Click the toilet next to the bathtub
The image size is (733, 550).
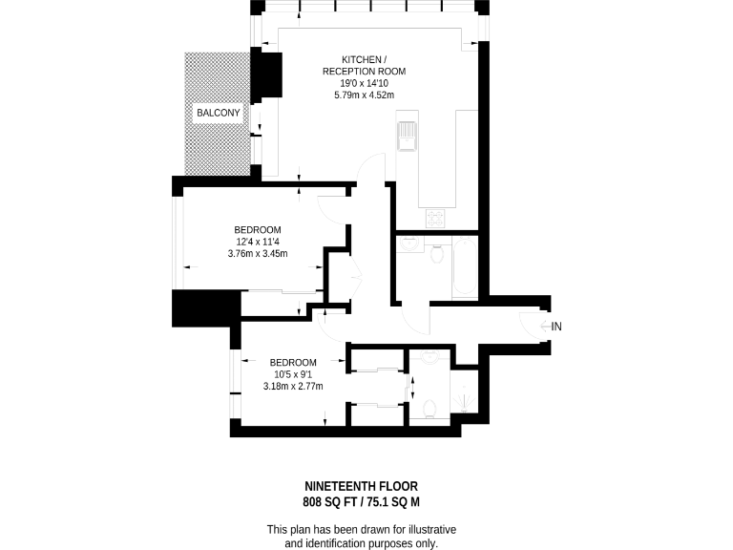tap(437, 255)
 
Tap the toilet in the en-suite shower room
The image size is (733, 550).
tap(429, 409)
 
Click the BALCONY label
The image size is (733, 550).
tap(218, 114)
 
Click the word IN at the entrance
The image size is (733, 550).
tap(557, 327)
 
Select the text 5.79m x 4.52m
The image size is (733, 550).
tap(364, 95)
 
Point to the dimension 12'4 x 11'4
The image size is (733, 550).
tap(257, 242)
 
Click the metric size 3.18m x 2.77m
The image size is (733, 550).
tap(293, 387)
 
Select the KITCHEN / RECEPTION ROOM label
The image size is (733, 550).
tap(364, 65)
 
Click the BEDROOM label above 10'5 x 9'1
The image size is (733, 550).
tap(293, 362)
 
